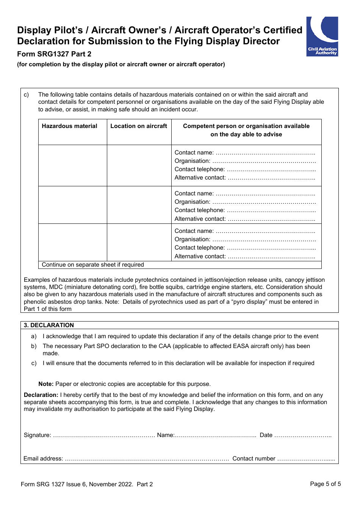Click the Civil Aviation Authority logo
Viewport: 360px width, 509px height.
point(322,36)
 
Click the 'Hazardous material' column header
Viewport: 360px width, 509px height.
point(69,126)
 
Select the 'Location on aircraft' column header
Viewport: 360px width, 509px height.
point(139,126)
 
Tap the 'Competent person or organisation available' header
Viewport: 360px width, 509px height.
point(246,130)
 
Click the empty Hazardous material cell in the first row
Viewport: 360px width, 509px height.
point(73,166)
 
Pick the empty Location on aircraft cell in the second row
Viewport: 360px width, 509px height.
point(139,205)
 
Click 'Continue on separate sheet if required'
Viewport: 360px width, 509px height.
point(93,265)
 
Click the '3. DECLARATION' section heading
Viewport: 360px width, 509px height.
point(49,325)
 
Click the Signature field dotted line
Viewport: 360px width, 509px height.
point(103,435)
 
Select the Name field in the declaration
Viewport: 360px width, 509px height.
point(215,435)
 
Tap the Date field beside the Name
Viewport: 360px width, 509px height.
point(302,435)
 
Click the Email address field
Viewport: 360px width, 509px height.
point(147,459)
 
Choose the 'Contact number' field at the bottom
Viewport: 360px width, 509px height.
point(306,459)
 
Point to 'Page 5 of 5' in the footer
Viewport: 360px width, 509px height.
point(325,484)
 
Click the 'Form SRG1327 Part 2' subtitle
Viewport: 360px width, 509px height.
point(54,54)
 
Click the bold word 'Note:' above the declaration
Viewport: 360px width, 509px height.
point(46,384)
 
